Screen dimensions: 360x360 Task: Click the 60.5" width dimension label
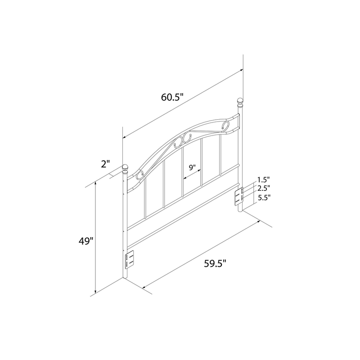pos(172,97)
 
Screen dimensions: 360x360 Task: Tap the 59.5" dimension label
pos(215,264)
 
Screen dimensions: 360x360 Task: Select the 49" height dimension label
pos(86,241)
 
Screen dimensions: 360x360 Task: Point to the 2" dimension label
pos(106,164)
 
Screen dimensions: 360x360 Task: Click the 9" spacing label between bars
pos(193,167)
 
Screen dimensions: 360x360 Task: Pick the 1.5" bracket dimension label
pos(263,179)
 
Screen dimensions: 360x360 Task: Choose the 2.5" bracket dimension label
pos(263,188)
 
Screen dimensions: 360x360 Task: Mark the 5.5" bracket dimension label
pos(264,198)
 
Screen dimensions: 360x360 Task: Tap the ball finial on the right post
pos(240,103)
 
